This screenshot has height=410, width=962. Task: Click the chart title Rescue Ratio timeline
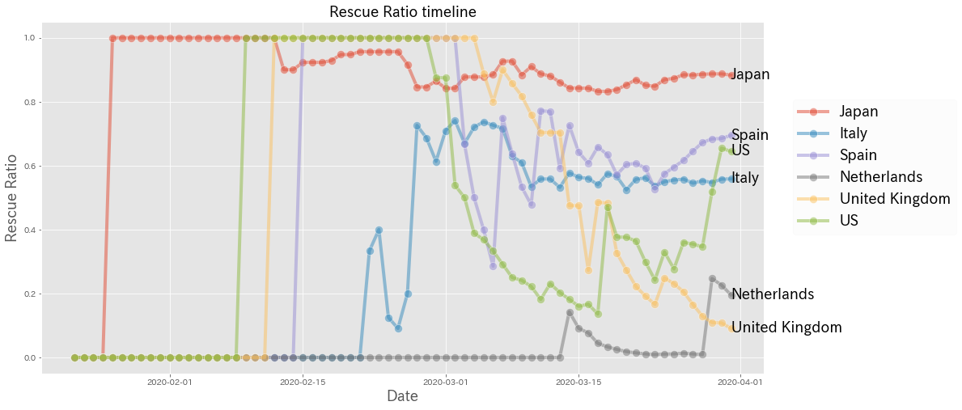pyautogui.click(x=402, y=12)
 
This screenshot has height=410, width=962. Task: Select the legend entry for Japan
pyautogui.click(x=858, y=112)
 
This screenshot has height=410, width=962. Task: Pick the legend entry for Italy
pyautogui.click(x=854, y=133)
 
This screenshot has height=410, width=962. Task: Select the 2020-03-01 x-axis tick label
pyautogui.click(x=446, y=381)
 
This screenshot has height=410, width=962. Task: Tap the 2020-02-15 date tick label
pyautogui.click(x=303, y=381)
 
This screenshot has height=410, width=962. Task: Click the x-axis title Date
pyautogui.click(x=402, y=396)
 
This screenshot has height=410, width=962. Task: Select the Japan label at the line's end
pyautogui.click(x=750, y=75)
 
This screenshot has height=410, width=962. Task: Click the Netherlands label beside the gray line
pyautogui.click(x=772, y=294)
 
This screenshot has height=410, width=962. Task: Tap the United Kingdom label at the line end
pyautogui.click(x=786, y=328)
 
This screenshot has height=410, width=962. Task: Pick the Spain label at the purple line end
pyautogui.click(x=749, y=135)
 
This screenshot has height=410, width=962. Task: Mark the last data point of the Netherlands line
pyautogui.click(x=731, y=295)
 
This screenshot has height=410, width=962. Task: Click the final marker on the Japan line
pyautogui.click(x=731, y=75)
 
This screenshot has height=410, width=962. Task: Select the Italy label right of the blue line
pyautogui.click(x=744, y=178)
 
